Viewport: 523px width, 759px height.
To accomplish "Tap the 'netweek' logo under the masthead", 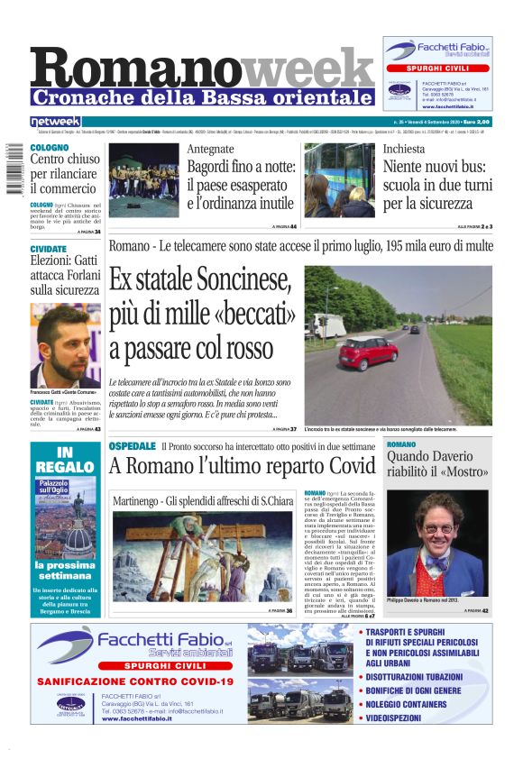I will point(55,121).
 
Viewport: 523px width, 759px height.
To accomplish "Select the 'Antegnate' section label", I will point(210,149).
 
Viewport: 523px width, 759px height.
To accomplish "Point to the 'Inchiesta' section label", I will point(403,149).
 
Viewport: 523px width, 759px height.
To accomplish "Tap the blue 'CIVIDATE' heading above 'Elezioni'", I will point(49,249).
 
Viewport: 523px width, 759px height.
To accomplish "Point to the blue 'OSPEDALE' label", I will point(132,447).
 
